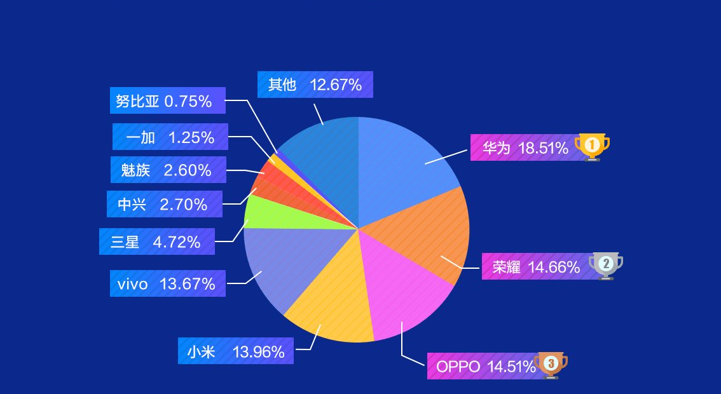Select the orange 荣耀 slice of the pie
point(426,238)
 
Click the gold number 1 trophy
point(592,147)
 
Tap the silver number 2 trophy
point(605,264)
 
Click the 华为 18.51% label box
point(525,148)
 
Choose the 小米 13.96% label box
point(235,351)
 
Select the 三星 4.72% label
point(156,241)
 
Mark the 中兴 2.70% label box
point(164,204)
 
